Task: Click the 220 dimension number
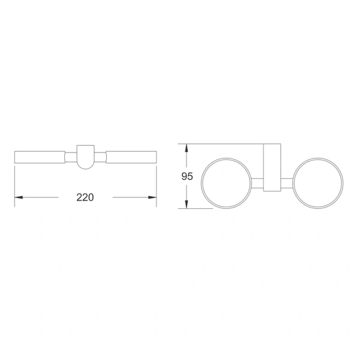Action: point(85,197)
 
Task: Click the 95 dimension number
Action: point(187,176)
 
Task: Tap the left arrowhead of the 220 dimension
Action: point(19,197)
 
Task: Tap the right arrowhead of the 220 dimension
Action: point(152,197)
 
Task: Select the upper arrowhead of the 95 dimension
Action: point(187,148)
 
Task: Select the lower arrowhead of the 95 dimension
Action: point(187,205)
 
